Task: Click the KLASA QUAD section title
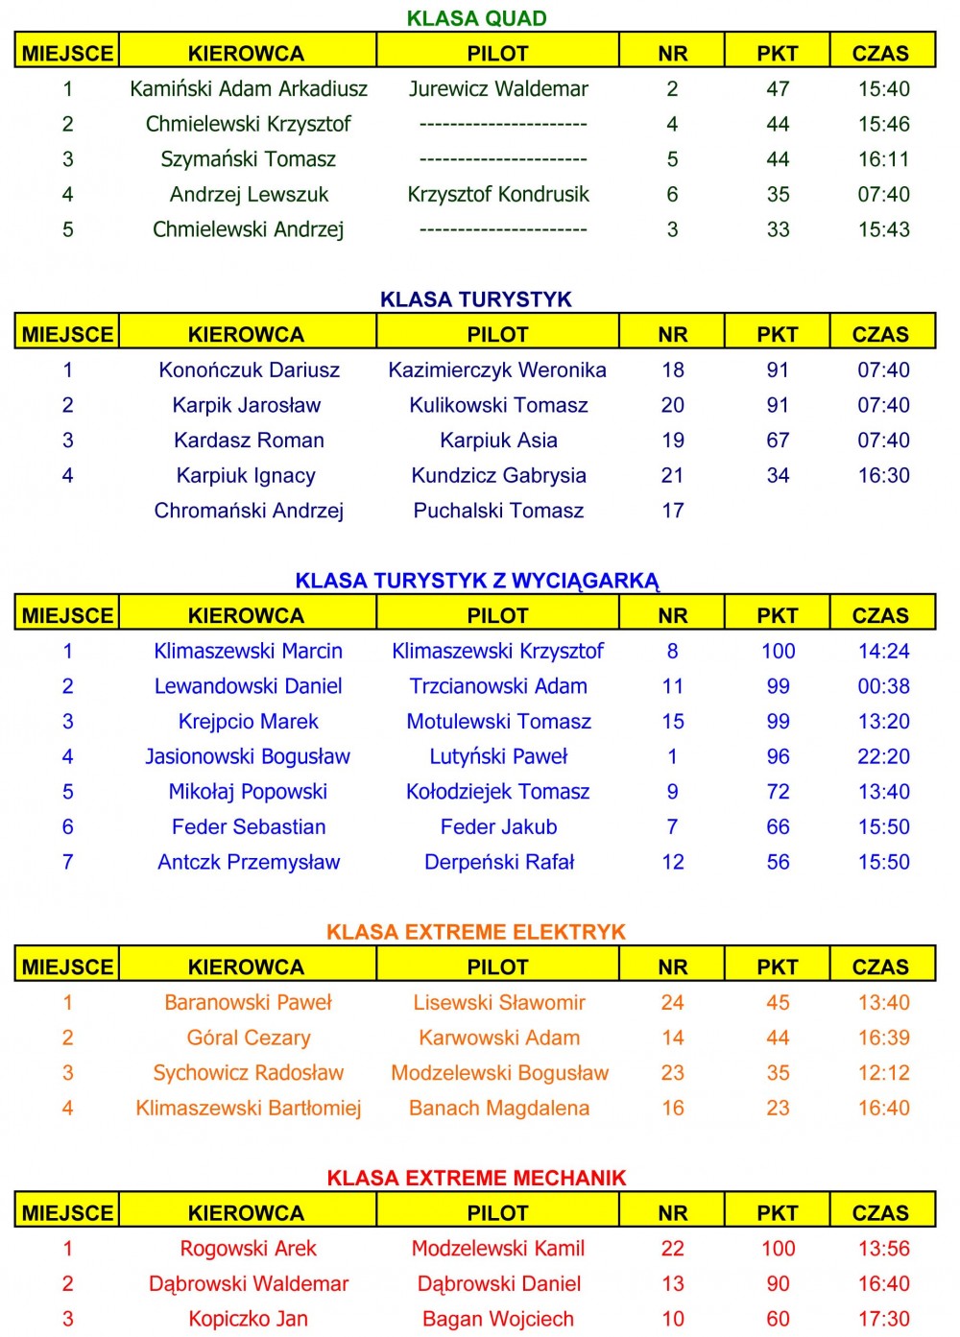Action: pyautogui.click(x=476, y=18)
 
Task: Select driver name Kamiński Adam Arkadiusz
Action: pyautogui.click(x=249, y=89)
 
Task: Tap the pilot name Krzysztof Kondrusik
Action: pyautogui.click(x=498, y=195)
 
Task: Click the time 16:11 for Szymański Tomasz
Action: pyautogui.click(x=883, y=159)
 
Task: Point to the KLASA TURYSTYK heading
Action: pyautogui.click(x=476, y=299)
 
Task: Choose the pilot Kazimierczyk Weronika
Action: pyautogui.click(x=497, y=370)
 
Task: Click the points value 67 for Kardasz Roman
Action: pyautogui.click(x=778, y=441)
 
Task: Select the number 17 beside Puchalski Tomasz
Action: pyautogui.click(x=673, y=511)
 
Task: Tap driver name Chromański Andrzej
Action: pyautogui.click(x=249, y=511)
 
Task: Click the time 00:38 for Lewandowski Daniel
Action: pyautogui.click(x=883, y=686)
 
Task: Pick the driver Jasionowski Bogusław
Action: pyautogui.click(x=248, y=757)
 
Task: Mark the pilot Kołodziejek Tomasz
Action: pyautogui.click(x=497, y=792)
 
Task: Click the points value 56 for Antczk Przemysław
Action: pyautogui.click(x=778, y=862)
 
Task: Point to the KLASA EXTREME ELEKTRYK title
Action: pyautogui.click(x=476, y=932)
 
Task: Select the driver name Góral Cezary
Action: pyautogui.click(x=249, y=1038)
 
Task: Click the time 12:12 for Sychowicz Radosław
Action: pyautogui.click(x=883, y=1073)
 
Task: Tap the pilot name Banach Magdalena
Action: pyautogui.click(x=499, y=1109)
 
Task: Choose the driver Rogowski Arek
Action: pyautogui.click(x=248, y=1249)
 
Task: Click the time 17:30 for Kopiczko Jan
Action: pyautogui.click(x=883, y=1320)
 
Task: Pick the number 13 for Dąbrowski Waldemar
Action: pyautogui.click(x=673, y=1284)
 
